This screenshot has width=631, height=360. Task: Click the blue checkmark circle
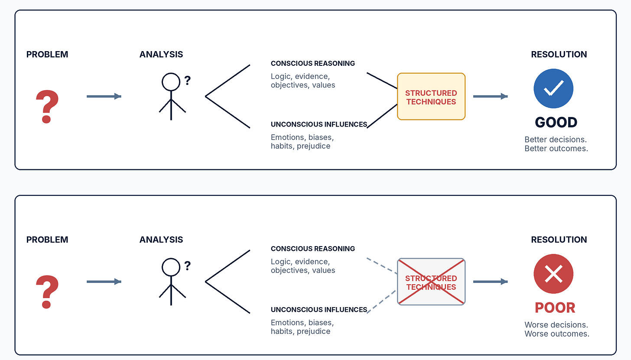[x=553, y=88]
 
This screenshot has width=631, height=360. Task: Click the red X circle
[x=553, y=274]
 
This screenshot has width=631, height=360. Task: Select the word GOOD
[x=556, y=122]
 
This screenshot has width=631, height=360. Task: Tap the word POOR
[x=555, y=308]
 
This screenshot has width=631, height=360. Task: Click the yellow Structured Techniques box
[x=431, y=97]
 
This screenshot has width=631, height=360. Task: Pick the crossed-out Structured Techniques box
[x=431, y=282]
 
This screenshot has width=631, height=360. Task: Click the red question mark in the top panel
[x=47, y=107]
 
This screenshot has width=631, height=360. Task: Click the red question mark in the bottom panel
[x=47, y=292]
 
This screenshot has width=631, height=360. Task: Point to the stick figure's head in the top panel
[x=171, y=82]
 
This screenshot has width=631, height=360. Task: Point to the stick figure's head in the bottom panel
[x=171, y=267]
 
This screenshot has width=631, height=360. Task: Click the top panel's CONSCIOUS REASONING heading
[x=313, y=63]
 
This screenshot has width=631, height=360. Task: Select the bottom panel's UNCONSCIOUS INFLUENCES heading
[x=319, y=310]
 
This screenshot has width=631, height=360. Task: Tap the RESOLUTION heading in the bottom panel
[x=559, y=240]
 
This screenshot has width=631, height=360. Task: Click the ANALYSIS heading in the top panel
[x=161, y=54]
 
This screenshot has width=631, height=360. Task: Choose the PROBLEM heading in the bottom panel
[x=47, y=240]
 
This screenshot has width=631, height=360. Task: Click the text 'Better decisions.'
[x=556, y=139]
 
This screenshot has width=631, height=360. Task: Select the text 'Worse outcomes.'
[x=557, y=334]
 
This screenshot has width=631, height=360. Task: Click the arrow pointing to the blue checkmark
[x=491, y=96]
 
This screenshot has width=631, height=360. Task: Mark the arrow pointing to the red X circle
[x=491, y=282]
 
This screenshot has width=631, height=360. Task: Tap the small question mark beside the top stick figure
[x=187, y=81]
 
